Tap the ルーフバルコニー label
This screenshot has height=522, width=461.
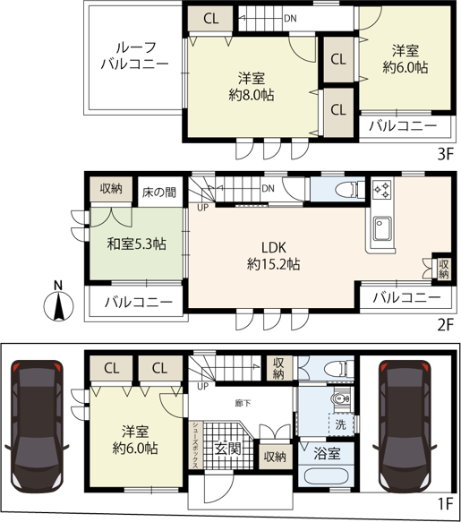135,56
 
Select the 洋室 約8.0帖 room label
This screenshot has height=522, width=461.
252,87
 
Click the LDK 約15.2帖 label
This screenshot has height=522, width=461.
273,256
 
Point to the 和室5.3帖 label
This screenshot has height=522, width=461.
136,244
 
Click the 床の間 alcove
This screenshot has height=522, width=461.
159,193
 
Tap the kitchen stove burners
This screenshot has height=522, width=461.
382,190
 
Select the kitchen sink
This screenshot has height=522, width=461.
382,228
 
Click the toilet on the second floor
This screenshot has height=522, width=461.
346,190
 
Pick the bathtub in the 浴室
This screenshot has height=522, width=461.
326,478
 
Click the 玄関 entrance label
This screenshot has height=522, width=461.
227,449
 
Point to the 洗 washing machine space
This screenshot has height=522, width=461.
341,424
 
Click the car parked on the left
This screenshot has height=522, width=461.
37,425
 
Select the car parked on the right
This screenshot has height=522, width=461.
405,425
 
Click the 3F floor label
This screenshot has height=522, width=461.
446,154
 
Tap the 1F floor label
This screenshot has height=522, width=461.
446,503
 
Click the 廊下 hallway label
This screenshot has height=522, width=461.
243,404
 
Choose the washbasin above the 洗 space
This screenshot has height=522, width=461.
340,398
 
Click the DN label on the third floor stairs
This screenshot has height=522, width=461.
290,18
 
